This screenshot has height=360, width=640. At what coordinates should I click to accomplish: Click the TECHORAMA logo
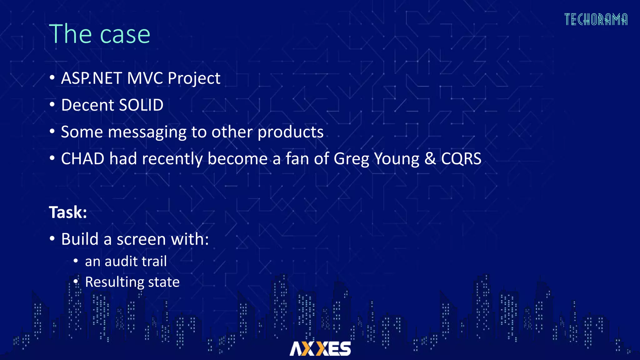click(596, 19)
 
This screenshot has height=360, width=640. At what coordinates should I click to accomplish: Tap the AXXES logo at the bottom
click(320, 349)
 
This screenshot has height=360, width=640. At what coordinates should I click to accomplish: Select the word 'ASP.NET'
click(91, 78)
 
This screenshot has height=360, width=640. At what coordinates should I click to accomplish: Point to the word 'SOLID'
click(141, 105)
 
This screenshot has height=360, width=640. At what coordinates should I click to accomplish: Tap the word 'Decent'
click(87, 105)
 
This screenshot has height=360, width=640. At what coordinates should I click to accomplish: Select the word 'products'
click(291, 132)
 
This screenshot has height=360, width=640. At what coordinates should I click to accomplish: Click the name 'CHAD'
click(82, 159)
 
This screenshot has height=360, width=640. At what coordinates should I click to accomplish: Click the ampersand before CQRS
click(430, 159)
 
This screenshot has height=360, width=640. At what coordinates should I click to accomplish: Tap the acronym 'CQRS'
click(461, 159)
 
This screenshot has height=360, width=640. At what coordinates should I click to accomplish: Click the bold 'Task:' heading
click(68, 212)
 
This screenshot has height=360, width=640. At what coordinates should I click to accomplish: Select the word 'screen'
click(141, 240)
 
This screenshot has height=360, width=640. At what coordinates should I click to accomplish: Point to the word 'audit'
click(123, 262)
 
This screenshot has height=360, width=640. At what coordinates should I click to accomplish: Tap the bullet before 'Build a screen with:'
click(52, 239)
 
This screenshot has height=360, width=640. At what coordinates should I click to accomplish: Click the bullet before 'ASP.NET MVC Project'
click(52, 77)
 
